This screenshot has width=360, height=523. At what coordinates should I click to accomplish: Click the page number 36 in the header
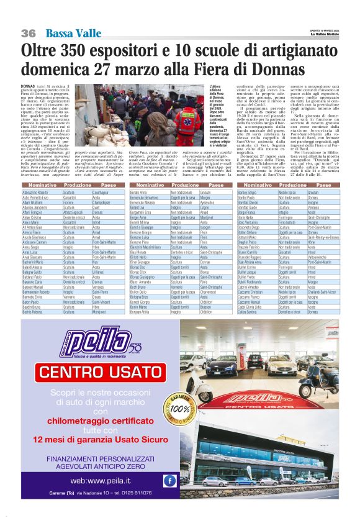28,33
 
